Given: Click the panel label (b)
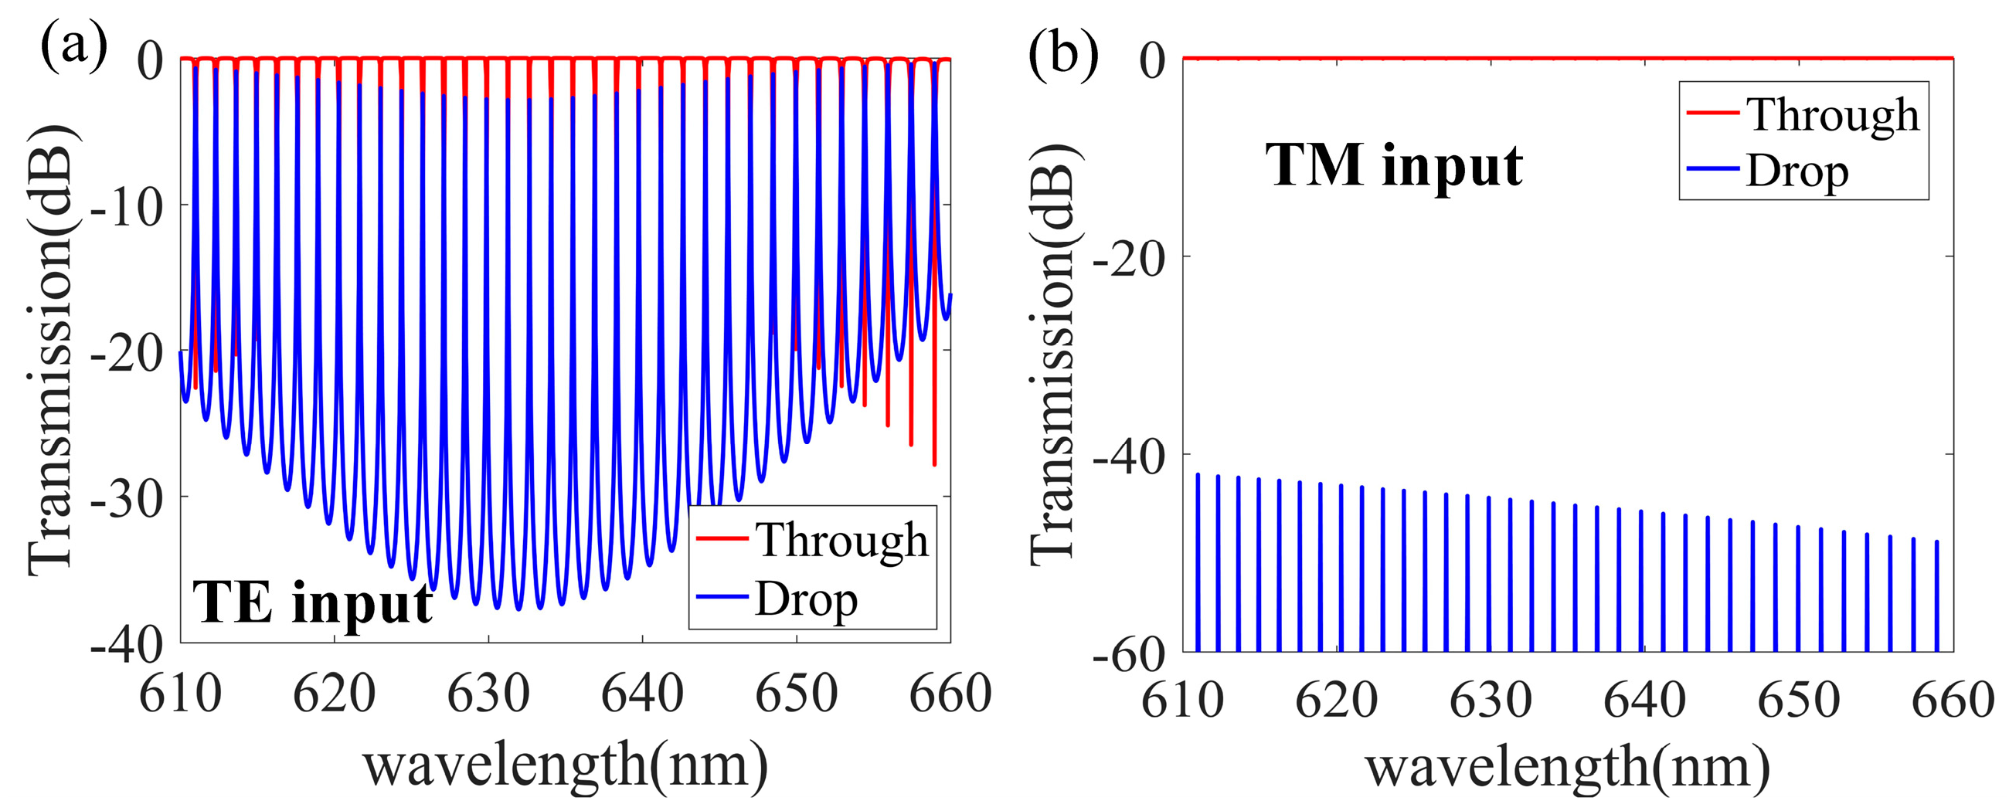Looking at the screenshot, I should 1063,55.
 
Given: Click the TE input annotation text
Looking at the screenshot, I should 312,602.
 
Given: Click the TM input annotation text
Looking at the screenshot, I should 1394,165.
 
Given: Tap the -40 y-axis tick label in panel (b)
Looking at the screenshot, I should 1129,457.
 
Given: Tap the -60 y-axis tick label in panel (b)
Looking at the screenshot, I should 1129,655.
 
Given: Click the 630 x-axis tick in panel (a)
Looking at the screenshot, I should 488,694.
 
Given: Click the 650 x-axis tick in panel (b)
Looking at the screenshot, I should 1798,700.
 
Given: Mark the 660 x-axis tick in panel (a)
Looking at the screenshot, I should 950,694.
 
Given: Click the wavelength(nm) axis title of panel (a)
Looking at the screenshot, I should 566,766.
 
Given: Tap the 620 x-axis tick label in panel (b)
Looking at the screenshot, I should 1337,700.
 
